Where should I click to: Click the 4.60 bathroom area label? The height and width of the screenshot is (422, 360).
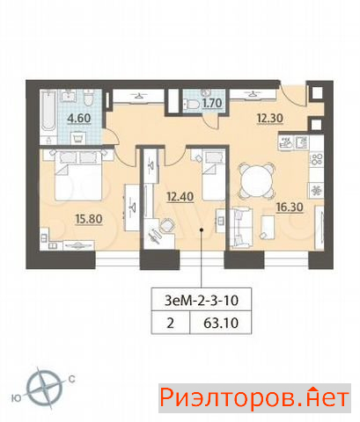(x=79, y=119)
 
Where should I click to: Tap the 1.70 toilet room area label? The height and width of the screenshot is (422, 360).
(x=212, y=103)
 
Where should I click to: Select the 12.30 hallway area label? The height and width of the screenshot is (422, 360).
(x=270, y=119)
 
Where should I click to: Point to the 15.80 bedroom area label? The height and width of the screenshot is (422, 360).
(x=89, y=219)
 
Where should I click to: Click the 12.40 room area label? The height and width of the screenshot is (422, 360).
(x=180, y=196)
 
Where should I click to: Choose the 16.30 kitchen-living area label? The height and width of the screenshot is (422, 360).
(x=290, y=207)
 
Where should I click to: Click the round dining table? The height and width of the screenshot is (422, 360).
(x=257, y=180)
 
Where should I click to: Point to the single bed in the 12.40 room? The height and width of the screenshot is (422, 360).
(x=213, y=175)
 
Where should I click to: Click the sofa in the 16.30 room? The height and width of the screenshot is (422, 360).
(x=241, y=228)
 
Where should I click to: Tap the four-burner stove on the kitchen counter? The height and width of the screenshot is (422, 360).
(x=317, y=159)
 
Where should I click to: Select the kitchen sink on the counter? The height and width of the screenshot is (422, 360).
(x=302, y=143)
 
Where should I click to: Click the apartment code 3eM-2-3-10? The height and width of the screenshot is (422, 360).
(x=202, y=301)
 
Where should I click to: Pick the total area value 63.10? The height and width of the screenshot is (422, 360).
(x=221, y=323)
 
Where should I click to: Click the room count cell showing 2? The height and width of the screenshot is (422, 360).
(x=171, y=323)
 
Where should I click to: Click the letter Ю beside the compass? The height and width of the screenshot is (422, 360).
(x=17, y=398)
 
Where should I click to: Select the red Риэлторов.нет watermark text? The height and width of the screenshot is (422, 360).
(x=254, y=398)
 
